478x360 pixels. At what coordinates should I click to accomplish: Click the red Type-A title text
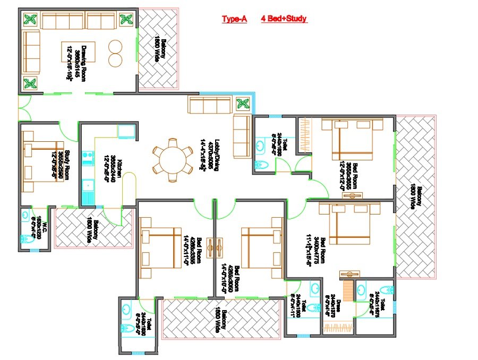234,19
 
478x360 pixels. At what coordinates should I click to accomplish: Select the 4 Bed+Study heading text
284,19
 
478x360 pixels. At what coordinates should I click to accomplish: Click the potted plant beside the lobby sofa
243,104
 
